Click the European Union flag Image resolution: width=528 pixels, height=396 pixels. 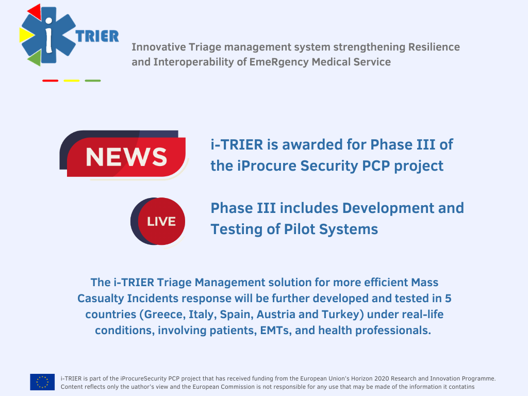click(x=42, y=382)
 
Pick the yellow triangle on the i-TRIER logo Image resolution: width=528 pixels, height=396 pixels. click(x=26, y=35)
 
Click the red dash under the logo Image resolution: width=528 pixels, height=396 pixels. click(x=51, y=81)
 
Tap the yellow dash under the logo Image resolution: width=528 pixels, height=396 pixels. click(x=72, y=81)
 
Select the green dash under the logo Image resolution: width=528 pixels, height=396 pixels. click(x=93, y=81)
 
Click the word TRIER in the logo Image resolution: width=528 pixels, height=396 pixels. click(x=97, y=37)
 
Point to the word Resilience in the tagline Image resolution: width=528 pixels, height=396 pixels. click(x=434, y=47)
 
